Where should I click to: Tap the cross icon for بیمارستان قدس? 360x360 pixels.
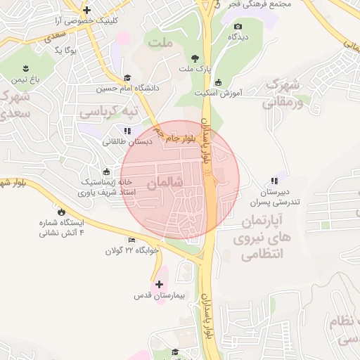[x=160, y=285]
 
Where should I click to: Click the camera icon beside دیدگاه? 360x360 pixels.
[x=237, y=27]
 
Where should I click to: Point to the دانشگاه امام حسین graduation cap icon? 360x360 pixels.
[x=127, y=77]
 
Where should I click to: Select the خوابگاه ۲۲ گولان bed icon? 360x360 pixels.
[x=131, y=240]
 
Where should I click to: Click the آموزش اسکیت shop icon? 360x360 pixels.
[x=219, y=82]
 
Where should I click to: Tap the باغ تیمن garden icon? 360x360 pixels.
[x=27, y=67]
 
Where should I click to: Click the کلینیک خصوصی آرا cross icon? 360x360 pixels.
[x=86, y=10]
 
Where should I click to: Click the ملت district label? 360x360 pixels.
[x=161, y=43]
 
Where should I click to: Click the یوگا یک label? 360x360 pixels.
[x=65, y=50]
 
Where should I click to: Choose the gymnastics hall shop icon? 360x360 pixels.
[x=106, y=170]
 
